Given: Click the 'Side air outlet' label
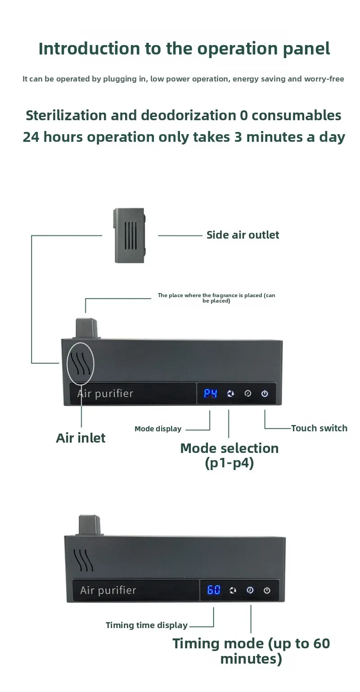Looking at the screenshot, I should [243, 235].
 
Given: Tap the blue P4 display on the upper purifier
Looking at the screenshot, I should [211, 393].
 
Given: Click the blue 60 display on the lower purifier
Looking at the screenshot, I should [214, 590].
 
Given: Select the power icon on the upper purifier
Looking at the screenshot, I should [265, 393].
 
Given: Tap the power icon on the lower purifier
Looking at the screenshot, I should [267, 590].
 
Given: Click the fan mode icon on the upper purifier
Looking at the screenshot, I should [230, 393].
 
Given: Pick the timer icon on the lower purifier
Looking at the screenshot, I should [250, 590].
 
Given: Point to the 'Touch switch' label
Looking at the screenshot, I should [319, 428].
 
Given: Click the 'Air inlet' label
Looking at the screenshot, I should [81, 438].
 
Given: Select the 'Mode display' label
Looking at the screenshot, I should [158, 429].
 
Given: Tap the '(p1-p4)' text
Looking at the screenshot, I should [229, 463].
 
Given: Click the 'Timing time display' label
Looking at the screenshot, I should [147, 625].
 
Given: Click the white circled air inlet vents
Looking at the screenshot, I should [81, 363].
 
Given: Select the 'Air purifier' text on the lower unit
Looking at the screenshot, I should [108, 590].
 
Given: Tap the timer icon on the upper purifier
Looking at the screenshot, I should [247, 393].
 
